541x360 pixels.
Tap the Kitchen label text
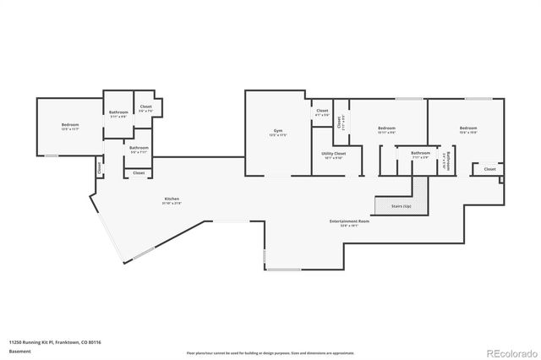(172, 200)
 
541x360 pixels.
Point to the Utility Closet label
(332, 155)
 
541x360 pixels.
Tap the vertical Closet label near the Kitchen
(100, 168)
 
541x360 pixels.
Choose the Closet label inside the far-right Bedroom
(489, 169)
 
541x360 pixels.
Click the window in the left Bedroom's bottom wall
(51, 155)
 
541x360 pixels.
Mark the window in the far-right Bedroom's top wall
(478, 99)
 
